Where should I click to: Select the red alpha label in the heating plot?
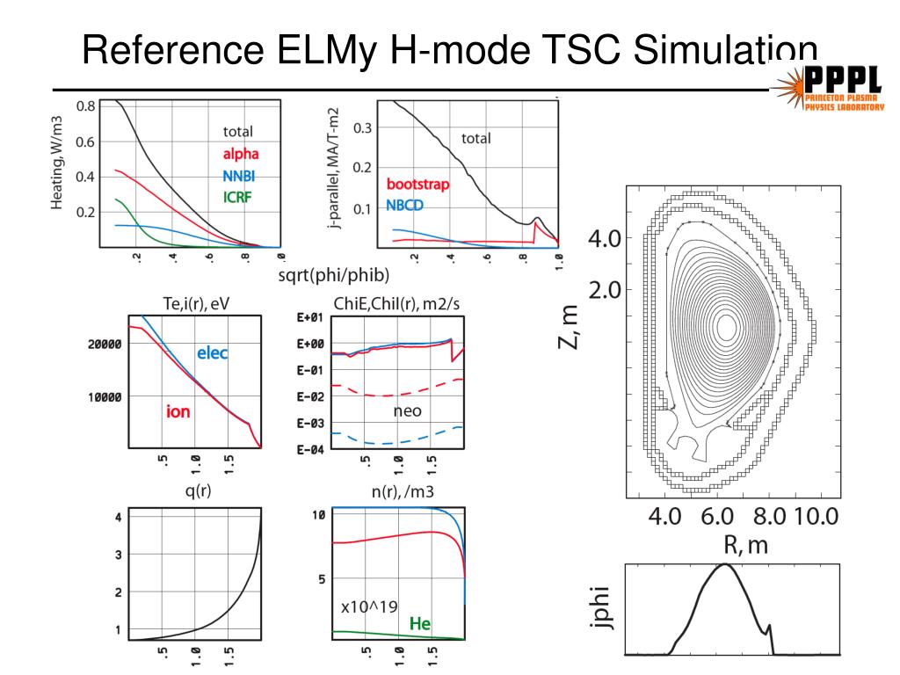pos(240,154)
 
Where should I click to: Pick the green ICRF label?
pos(236,197)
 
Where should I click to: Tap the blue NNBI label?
pos(239,176)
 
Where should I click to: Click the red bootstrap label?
pos(417,185)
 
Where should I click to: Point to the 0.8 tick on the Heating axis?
pos(85,106)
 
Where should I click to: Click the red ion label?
pos(178,410)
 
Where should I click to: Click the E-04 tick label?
pos(312,450)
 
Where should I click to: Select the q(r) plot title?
pos(195,491)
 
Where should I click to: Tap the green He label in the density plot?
pos(420,624)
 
